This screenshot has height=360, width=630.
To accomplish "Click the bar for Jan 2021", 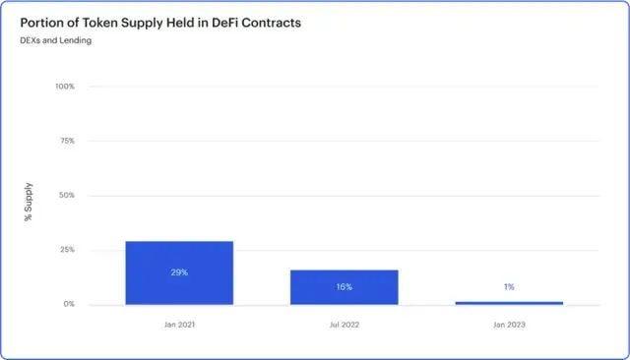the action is pyautogui.click(x=179, y=272).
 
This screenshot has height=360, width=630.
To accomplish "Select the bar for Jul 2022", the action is pyautogui.click(x=345, y=287).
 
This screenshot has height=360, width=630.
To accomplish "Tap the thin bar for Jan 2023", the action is pyautogui.click(x=509, y=303).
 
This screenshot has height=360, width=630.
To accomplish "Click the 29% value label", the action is pyautogui.click(x=179, y=272).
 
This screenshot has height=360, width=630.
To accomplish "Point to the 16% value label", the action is pyautogui.click(x=345, y=287).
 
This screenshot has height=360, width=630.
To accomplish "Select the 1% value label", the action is pyautogui.click(x=509, y=287).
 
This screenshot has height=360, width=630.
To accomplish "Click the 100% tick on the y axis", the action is pyautogui.click(x=65, y=87).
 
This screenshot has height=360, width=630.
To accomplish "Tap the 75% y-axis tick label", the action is pyautogui.click(x=67, y=141).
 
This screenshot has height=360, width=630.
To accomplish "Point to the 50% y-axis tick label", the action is pyautogui.click(x=67, y=195).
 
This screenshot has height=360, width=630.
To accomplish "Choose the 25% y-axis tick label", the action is pyautogui.click(x=67, y=250).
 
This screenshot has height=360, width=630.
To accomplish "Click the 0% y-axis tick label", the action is pyautogui.click(x=69, y=304).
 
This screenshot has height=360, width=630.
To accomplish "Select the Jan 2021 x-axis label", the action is pyautogui.click(x=179, y=325).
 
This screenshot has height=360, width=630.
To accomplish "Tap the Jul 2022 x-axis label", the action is pyautogui.click(x=345, y=325).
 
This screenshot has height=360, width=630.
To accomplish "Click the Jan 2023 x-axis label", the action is pyautogui.click(x=509, y=325).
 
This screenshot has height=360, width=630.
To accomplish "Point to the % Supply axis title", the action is pyautogui.click(x=28, y=202).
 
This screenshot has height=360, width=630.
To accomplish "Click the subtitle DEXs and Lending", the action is pyautogui.click(x=56, y=40).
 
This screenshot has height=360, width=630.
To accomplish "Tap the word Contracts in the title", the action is pyautogui.click(x=272, y=23).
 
